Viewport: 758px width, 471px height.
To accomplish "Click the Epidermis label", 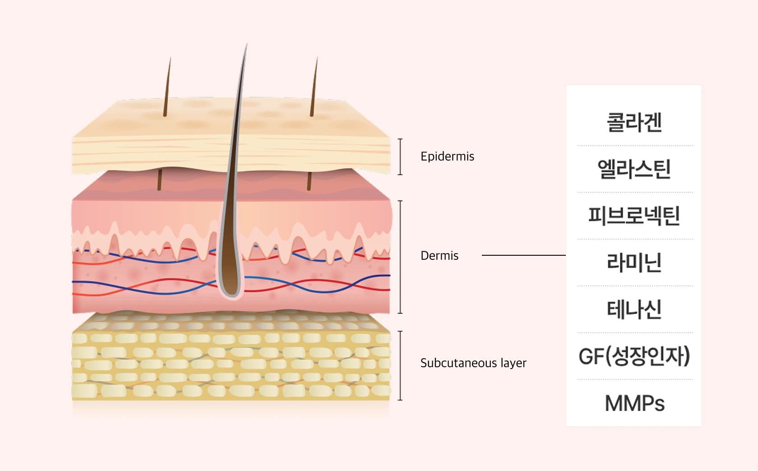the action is pos(447,156).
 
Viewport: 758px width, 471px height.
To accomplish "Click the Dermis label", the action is pos(439,255).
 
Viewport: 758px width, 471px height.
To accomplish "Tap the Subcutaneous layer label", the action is pos(473,363).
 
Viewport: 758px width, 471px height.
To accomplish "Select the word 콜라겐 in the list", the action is pos(634,122).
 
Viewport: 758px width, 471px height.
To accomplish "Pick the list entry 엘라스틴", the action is pos(634,169).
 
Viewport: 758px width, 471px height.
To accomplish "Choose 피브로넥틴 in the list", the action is pos(634,216).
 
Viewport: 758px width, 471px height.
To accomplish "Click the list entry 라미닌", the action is pos(634,263).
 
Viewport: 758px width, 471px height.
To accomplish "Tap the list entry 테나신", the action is pos(634,309).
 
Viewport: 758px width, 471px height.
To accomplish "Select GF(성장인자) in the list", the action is pos(634,356).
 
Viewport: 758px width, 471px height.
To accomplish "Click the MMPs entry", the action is pos(634,403).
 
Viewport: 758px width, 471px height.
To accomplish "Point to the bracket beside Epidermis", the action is pos(400,157).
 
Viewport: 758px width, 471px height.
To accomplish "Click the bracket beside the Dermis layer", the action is pos(400,257).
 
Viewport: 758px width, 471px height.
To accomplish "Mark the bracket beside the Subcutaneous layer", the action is pos(400,365).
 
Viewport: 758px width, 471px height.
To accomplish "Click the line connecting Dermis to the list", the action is pos(523,255).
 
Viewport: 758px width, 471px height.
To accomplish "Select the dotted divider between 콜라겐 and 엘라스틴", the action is pos(635,145).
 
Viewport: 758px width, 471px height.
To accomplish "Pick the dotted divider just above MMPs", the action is pos(635,379).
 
